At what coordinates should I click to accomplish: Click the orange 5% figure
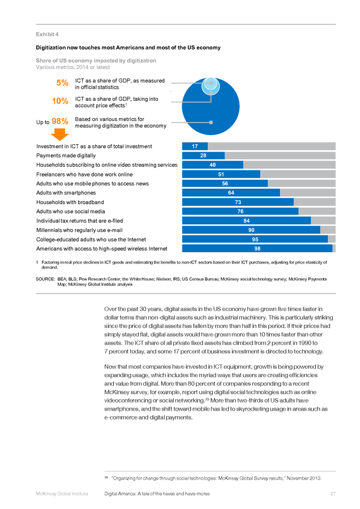pyautogui.click(x=62, y=83)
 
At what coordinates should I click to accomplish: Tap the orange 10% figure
pyautogui.click(x=60, y=101)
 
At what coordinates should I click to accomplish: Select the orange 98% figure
pyautogui.click(x=60, y=121)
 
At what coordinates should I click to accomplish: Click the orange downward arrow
pyautogui.click(x=60, y=135)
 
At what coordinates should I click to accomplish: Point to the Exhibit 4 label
pyautogui.click(x=47, y=34)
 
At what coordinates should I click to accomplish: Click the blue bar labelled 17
pyautogui.click(x=195, y=146)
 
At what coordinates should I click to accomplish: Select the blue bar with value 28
pyautogui.click(x=203, y=156)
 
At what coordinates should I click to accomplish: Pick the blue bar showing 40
pyautogui.click(x=213, y=165)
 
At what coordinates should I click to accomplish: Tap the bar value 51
pyautogui.click(x=221, y=174)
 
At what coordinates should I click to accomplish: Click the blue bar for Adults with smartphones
pyautogui.click(x=231, y=193)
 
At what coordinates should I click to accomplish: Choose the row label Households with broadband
pyautogui.click(x=70, y=202)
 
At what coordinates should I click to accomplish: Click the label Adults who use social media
pyautogui.click(x=71, y=212)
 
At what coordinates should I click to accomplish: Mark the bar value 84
pyautogui.click(x=247, y=221)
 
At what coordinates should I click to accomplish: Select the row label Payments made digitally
pyautogui.click(x=66, y=156)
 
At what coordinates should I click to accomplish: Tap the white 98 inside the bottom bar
pyautogui.click(x=258, y=249)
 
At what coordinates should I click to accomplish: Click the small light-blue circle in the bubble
pyautogui.click(x=211, y=86)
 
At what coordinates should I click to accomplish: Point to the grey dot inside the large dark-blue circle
pyautogui.click(x=211, y=122)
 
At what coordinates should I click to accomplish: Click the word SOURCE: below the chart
pyautogui.click(x=45, y=279)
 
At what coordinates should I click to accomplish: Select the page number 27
pyautogui.click(x=333, y=494)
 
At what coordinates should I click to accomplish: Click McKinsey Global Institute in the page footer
pyautogui.click(x=62, y=494)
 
